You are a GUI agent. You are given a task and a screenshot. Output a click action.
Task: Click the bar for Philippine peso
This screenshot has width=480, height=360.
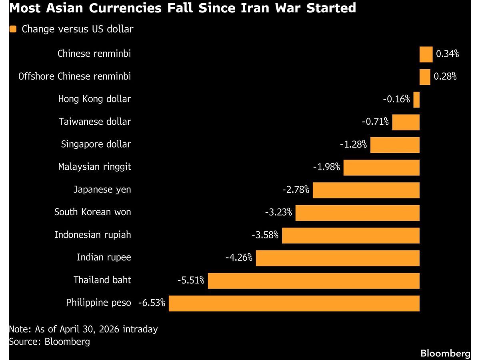click(294, 303)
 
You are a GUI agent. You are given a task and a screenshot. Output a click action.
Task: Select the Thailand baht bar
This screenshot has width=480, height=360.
click(314, 281)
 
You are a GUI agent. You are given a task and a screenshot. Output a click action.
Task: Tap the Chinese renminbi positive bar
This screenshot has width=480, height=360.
click(426, 54)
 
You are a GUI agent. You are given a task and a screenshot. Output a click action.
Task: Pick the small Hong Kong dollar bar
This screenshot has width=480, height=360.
click(416, 100)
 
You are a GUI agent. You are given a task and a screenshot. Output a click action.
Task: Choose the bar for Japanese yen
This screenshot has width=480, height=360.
click(366, 190)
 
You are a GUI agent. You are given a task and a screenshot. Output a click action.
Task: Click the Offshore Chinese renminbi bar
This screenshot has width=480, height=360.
click(425, 77)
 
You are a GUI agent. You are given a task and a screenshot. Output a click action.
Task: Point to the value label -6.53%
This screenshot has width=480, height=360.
click(152, 303)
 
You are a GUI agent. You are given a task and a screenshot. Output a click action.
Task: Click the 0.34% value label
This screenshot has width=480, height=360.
click(447, 54)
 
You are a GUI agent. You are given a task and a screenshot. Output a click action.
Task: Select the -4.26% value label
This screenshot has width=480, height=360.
click(239, 258)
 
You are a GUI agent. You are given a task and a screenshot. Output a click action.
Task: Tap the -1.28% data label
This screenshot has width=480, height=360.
click(353, 144)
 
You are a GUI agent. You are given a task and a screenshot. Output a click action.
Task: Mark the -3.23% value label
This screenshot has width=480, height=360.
click(278, 212)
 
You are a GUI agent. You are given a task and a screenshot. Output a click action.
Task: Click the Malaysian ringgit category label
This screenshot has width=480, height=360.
click(94, 167)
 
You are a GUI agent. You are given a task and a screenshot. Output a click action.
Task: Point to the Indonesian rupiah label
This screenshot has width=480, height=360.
click(92, 235)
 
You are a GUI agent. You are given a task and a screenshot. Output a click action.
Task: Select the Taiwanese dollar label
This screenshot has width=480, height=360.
click(95, 122)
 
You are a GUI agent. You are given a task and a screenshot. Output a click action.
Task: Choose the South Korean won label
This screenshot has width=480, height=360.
click(92, 212)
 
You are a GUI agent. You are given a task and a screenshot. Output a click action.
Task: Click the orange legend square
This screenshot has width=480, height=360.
click(13, 29)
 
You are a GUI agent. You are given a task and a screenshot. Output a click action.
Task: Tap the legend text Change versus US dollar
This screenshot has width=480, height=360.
click(77, 29)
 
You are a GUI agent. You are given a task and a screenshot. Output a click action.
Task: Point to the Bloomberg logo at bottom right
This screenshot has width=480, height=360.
click(445, 353)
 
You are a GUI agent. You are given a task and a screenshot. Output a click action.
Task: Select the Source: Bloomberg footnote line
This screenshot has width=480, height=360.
click(49, 342)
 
